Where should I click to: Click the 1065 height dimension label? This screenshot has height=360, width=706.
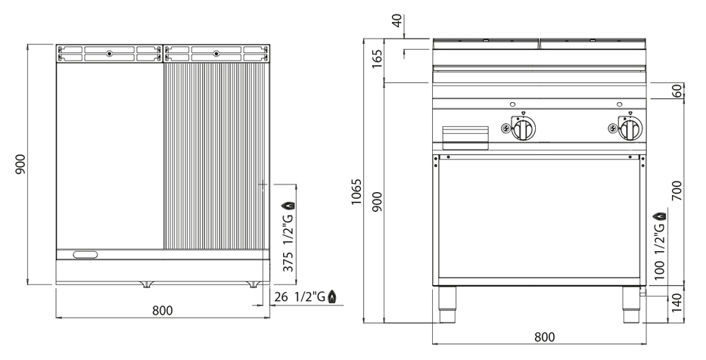pos(356,191)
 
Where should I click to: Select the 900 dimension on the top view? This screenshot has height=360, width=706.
pos(20,165)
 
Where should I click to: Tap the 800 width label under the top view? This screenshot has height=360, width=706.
pos(163,311)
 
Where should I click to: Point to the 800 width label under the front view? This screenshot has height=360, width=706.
pos(545,337)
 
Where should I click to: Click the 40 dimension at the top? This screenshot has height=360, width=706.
pos(397,20)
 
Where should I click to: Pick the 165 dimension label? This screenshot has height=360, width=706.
pos(378,58)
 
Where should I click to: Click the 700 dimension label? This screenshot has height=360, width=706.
pos(676,191)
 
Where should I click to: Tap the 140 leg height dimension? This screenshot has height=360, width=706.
pos(676,304)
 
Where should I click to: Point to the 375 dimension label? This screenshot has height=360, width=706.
pos(288,262)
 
